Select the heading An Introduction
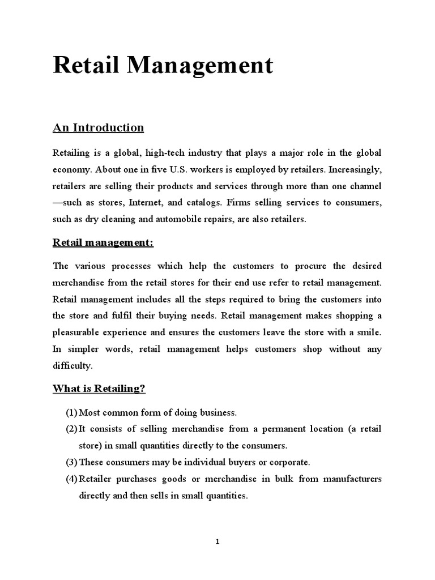click(98, 128)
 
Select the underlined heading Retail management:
click(103, 243)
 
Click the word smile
click(369, 332)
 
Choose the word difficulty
click(72, 366)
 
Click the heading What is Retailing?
click(99, 389)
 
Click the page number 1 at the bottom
click(217, 541)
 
